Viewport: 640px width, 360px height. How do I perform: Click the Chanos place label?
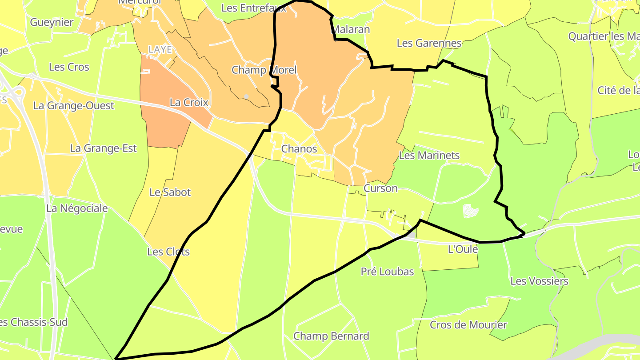299,149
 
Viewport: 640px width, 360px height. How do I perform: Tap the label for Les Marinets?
429,156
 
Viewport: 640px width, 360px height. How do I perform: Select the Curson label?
380,188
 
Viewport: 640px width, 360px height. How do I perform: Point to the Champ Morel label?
264,70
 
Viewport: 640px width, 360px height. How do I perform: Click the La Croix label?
189,103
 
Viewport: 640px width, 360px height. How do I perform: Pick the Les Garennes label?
429,43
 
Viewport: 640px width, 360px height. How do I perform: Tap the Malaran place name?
351,30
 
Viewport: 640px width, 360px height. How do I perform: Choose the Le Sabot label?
170,192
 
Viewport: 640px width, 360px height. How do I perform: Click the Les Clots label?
168,252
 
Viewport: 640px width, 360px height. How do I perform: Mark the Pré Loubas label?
387,272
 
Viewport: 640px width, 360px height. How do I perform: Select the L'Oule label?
463,249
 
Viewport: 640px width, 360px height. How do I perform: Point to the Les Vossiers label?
539,281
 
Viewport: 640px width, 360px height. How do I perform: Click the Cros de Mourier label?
468,325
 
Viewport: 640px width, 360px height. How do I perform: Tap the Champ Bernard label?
331,336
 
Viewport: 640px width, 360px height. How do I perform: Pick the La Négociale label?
77,208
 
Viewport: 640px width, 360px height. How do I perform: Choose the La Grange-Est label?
103,148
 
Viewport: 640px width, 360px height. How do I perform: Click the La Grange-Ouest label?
74,106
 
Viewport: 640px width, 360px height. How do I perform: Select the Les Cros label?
69,67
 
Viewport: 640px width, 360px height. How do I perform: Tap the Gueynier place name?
52,22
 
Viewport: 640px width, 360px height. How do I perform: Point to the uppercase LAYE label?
160,50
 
